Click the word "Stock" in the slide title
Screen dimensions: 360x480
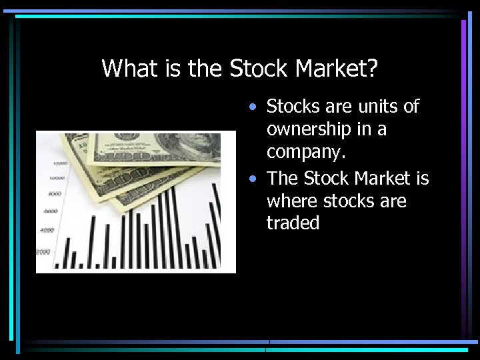pyautogui.click(x=259, y=68)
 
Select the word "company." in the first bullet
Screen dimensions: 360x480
pyautogui.click(x=306, y=153)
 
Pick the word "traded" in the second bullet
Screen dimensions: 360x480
pyautogui.click(x=293, y=223)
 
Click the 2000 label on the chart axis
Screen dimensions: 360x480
pyautogui.click(x=43, y=251)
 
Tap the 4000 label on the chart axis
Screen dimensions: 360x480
pyautogui.click(x=47, y=231)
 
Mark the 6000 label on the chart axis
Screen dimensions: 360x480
pyautogui.click(x=50, y=211)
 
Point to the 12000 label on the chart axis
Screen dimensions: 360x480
pyautogui.click(x=60, y=163)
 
